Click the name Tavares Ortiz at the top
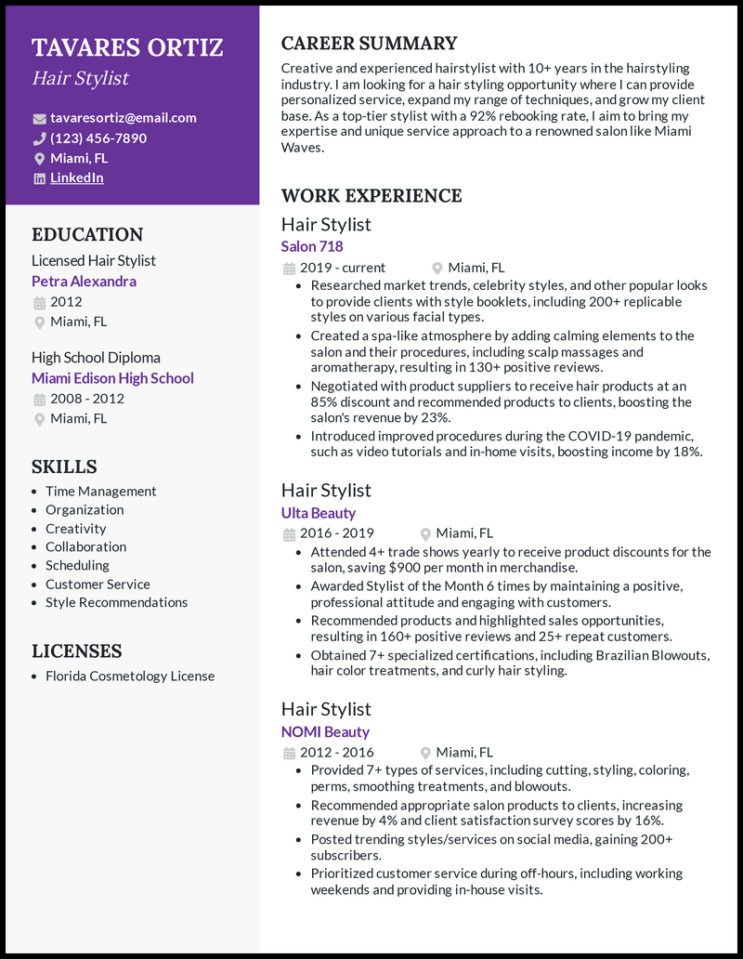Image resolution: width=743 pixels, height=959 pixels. tap(127, 48)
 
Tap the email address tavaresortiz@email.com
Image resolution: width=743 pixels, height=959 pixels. tap(123, 118)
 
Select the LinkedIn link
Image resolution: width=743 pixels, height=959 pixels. tap(76, 177)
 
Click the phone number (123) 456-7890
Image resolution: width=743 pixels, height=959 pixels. tap(98, 138)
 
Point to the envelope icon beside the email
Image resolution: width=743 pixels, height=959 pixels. tap(39, 119)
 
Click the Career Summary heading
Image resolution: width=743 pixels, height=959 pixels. tap(369, 44)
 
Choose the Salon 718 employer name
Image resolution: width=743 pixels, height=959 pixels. tap(312, 246)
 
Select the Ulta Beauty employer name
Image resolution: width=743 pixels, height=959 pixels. tap(318, 513)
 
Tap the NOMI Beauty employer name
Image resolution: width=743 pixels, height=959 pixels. tap(325, 732)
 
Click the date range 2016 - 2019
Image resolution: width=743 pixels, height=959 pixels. tap(336, 533)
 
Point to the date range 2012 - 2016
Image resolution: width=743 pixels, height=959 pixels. tap(336, 753)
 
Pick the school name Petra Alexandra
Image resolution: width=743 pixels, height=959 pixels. tap(84, 282)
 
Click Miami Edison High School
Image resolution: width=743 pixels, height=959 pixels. tap(112, 378)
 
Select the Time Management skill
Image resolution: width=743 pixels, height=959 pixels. tap(100, 492)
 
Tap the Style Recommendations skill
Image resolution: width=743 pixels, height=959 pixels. tap(116, 603)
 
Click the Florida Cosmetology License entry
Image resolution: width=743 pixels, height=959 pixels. tap(130, 677)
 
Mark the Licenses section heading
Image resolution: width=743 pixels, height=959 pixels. tap(77, 651)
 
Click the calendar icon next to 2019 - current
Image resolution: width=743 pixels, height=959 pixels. tap(288, 269)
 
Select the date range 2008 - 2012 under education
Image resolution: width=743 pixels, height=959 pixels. tap(86, 399)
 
